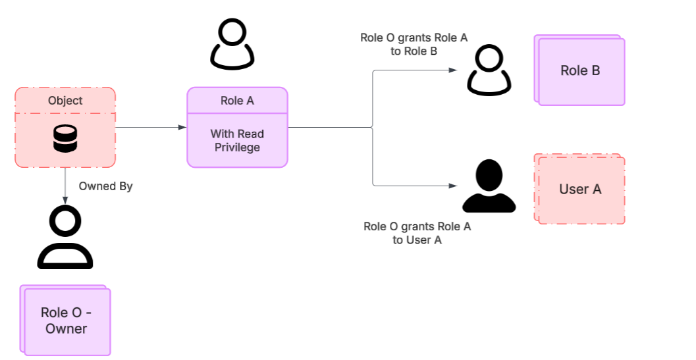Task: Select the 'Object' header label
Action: click(65, 101)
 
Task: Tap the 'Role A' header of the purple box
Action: click(237, 101)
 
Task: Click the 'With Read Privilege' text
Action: click(237, 141)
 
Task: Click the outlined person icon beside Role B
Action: click(489, 70)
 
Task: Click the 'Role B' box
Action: click(581, 71)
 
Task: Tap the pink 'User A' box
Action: click(581, 190)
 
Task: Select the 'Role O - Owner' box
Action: click(66, 321)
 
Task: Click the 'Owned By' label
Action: click(105, 186)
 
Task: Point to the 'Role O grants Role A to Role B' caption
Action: click(414, 44)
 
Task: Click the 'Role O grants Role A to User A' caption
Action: click(417, 233)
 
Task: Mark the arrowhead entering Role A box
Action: click(183, 127)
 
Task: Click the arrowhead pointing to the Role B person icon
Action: click(453, 70)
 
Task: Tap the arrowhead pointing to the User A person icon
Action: click(453, 186)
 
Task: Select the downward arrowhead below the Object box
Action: click(65, 199)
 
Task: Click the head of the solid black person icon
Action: click(489, 174)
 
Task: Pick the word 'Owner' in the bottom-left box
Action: click(66, 328)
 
